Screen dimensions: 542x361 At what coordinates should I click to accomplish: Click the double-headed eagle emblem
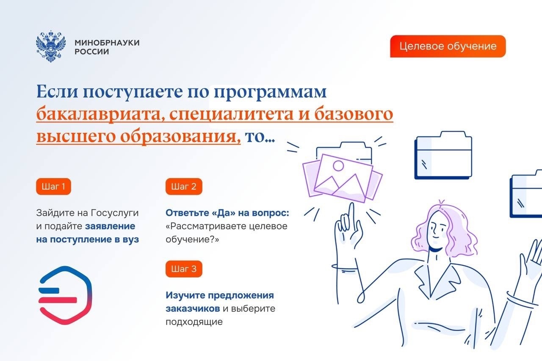click(51, 46)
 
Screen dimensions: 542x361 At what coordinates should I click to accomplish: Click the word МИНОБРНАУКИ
click(107, 43)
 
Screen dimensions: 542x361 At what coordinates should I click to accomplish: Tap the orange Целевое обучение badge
click(448, 46)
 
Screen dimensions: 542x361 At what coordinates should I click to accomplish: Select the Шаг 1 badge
click(53, 186)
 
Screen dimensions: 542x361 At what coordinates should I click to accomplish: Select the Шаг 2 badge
click(184, 186)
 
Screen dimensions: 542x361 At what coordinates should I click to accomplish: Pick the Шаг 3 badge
click(184, 269)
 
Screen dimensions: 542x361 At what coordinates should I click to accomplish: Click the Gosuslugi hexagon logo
click(65, 295)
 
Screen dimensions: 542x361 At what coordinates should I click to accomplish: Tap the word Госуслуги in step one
click(115, 213)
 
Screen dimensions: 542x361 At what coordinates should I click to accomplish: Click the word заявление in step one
click(110, 226)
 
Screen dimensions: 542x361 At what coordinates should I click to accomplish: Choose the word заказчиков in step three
click(193, 309)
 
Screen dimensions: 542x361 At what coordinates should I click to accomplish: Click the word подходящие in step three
click(194, 322)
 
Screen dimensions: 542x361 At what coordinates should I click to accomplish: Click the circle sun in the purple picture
click(338, 165)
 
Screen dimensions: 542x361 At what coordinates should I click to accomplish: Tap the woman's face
click(437, 230)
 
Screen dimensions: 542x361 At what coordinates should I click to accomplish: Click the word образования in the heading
click(180, 136)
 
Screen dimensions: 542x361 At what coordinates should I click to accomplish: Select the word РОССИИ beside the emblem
click(92, 52)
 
